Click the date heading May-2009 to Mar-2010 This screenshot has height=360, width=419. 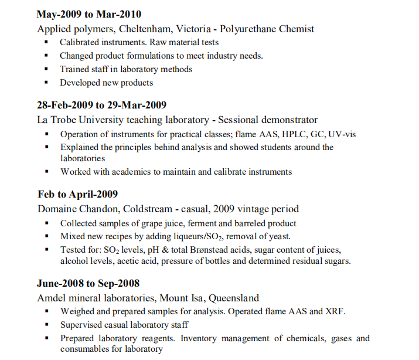(88, 15)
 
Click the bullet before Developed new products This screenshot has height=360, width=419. (46, 83)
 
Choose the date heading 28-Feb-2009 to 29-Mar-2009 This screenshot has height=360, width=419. (101, 106)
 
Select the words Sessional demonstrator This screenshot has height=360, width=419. (268, 120)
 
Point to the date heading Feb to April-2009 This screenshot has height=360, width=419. (77, 195)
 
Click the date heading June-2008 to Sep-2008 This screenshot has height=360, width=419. (88, 284)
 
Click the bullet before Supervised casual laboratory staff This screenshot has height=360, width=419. (46, 324)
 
